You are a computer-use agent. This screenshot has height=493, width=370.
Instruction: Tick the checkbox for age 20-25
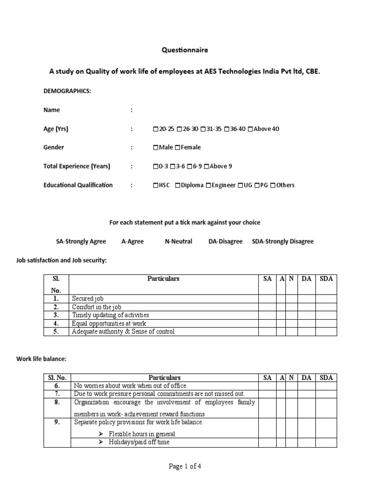coord(155,129)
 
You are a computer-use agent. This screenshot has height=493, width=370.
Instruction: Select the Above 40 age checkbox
coord(250,129)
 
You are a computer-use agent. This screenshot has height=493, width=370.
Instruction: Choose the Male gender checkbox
coord(155,147)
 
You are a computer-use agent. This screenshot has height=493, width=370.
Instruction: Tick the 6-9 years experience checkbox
coord(189,167)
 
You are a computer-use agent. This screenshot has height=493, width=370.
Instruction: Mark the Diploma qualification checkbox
coord(178,185)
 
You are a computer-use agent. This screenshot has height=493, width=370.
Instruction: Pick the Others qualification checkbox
coord(273,185)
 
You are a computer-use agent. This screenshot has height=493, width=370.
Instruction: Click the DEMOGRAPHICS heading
coord(67,91)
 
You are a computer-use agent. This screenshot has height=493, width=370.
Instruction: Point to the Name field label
coord(52,110)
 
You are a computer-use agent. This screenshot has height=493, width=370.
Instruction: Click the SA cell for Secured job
coord(268,298)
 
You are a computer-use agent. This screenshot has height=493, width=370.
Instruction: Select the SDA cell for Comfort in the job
coord(326,307)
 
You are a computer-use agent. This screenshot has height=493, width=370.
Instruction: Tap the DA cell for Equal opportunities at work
coord(306,323)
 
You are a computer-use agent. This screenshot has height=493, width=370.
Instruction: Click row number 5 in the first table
coord(56,331)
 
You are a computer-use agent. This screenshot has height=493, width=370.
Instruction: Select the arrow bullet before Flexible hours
coord(101,434)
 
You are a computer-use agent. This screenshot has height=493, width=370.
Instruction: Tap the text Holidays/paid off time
coord(139,442)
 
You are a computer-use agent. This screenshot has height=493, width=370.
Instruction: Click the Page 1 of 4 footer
coord(185,467)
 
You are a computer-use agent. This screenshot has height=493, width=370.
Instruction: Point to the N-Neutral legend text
coord(178,241)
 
